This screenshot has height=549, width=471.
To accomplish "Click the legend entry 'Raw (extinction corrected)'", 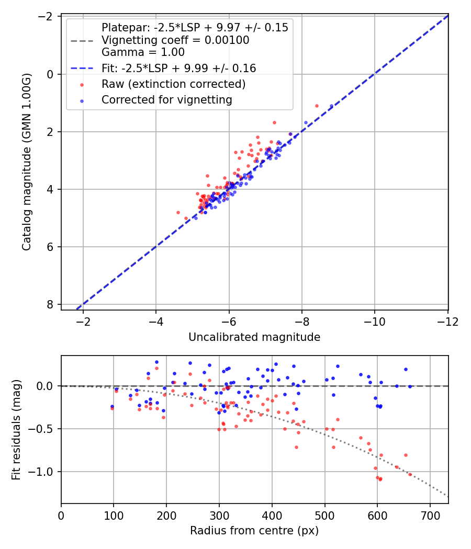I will click(x=173, y=84).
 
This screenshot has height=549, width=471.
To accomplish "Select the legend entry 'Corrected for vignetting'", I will click(x=167, y=99).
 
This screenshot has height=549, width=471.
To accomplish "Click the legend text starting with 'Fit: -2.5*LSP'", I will click(x=178, y=68).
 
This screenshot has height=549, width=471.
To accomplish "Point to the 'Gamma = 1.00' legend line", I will click(x=143, y=52).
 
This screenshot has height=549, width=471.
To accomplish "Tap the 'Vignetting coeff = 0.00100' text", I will click(x=175, y=40).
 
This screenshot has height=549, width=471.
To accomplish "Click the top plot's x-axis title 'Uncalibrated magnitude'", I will click(x=254, y=337).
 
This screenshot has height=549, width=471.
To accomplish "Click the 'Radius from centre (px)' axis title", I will click(x=254, y=531).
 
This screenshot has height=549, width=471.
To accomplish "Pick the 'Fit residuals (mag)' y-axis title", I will click(x=16, y=429).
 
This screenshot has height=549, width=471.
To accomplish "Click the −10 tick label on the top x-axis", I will click(x=375, y=322).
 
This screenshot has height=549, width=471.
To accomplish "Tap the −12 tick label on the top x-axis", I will click(x=447, y=322).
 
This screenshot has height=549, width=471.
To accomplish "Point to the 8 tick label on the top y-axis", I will click(x=50, y=304).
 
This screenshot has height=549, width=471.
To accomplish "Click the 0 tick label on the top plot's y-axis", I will click(x=50, y=74).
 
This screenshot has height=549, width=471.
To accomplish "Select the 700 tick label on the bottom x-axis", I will click(x=430, y=516).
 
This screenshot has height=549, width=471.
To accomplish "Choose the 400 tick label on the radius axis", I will click(x=272, y=516).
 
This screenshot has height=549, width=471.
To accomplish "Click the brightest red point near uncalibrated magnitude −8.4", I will click(x=317, y=106).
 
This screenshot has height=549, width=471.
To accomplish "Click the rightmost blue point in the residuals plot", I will click(x=410, y=386).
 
